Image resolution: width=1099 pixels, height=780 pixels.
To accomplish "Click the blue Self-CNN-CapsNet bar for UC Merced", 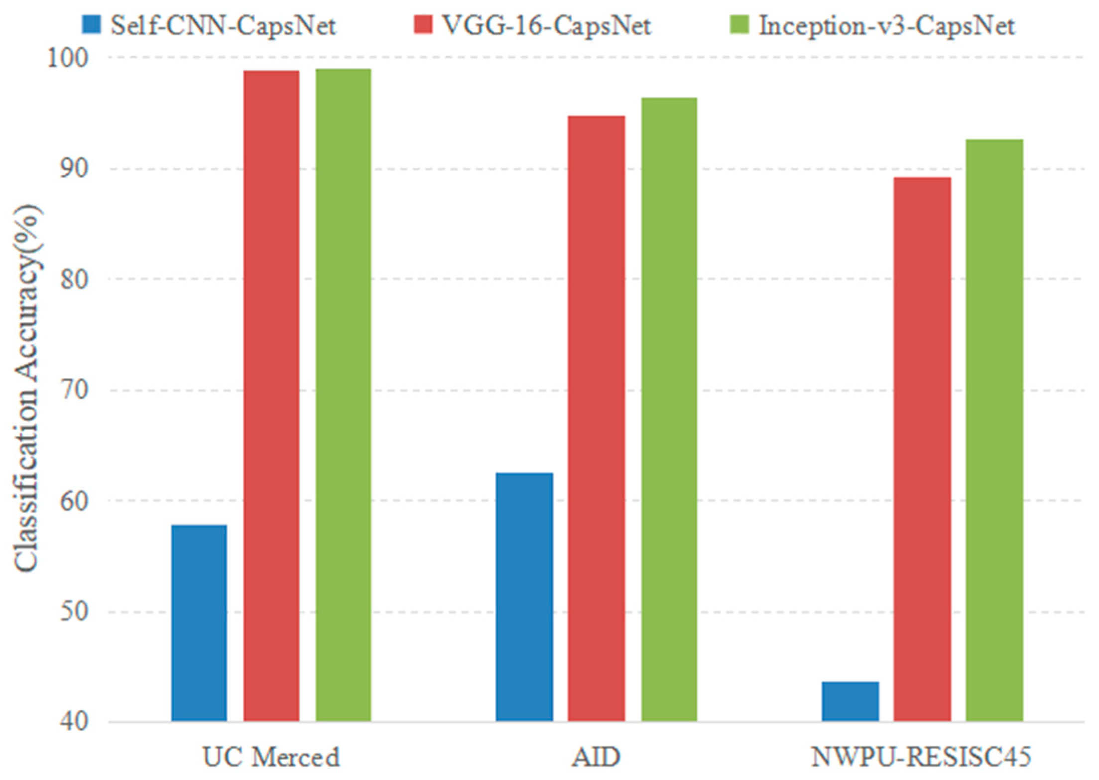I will pyautogui.click(x=199, y=623).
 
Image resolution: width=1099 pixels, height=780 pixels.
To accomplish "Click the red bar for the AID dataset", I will pyautogui.click(x=596, y=418).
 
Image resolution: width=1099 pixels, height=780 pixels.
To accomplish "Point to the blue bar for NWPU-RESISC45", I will pyautogui.click(x=850, y=701).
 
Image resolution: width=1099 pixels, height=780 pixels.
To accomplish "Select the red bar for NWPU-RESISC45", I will pyautogui.click(x=922, y=449).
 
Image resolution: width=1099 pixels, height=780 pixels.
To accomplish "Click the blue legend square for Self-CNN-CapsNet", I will pyautogui.click(x=91, y=24).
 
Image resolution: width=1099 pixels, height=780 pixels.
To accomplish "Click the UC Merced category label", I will pyautogui.click(x=271, y=757).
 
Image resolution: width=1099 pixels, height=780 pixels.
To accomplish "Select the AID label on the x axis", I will pyautogui.click(x=596, y=757).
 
